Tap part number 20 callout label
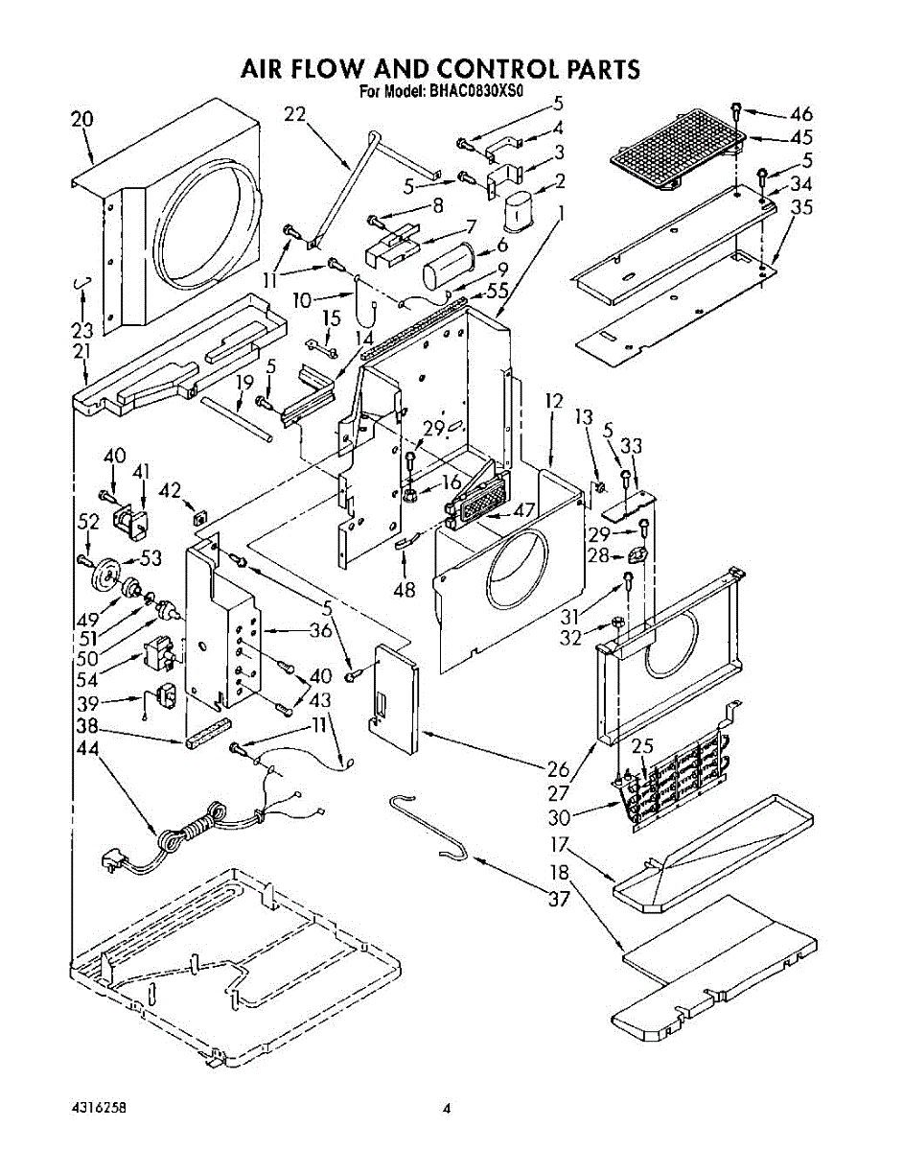pos(82,120)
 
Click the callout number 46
pos(800,114)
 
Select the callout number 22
pos(295,115)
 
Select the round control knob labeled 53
pos(105,574)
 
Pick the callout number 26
pos(559,768)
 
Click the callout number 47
pos(523,509)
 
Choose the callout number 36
pos(321,630)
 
